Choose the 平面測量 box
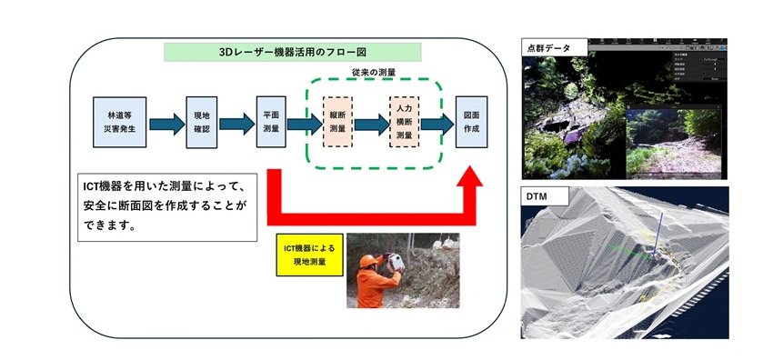coord(271,123)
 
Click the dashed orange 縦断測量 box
coord(338,123)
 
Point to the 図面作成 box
coord(471,123)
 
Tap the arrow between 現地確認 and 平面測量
coord(236,124)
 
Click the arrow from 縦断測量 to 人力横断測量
coord(371,124)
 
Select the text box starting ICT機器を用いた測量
coord(166,205)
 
